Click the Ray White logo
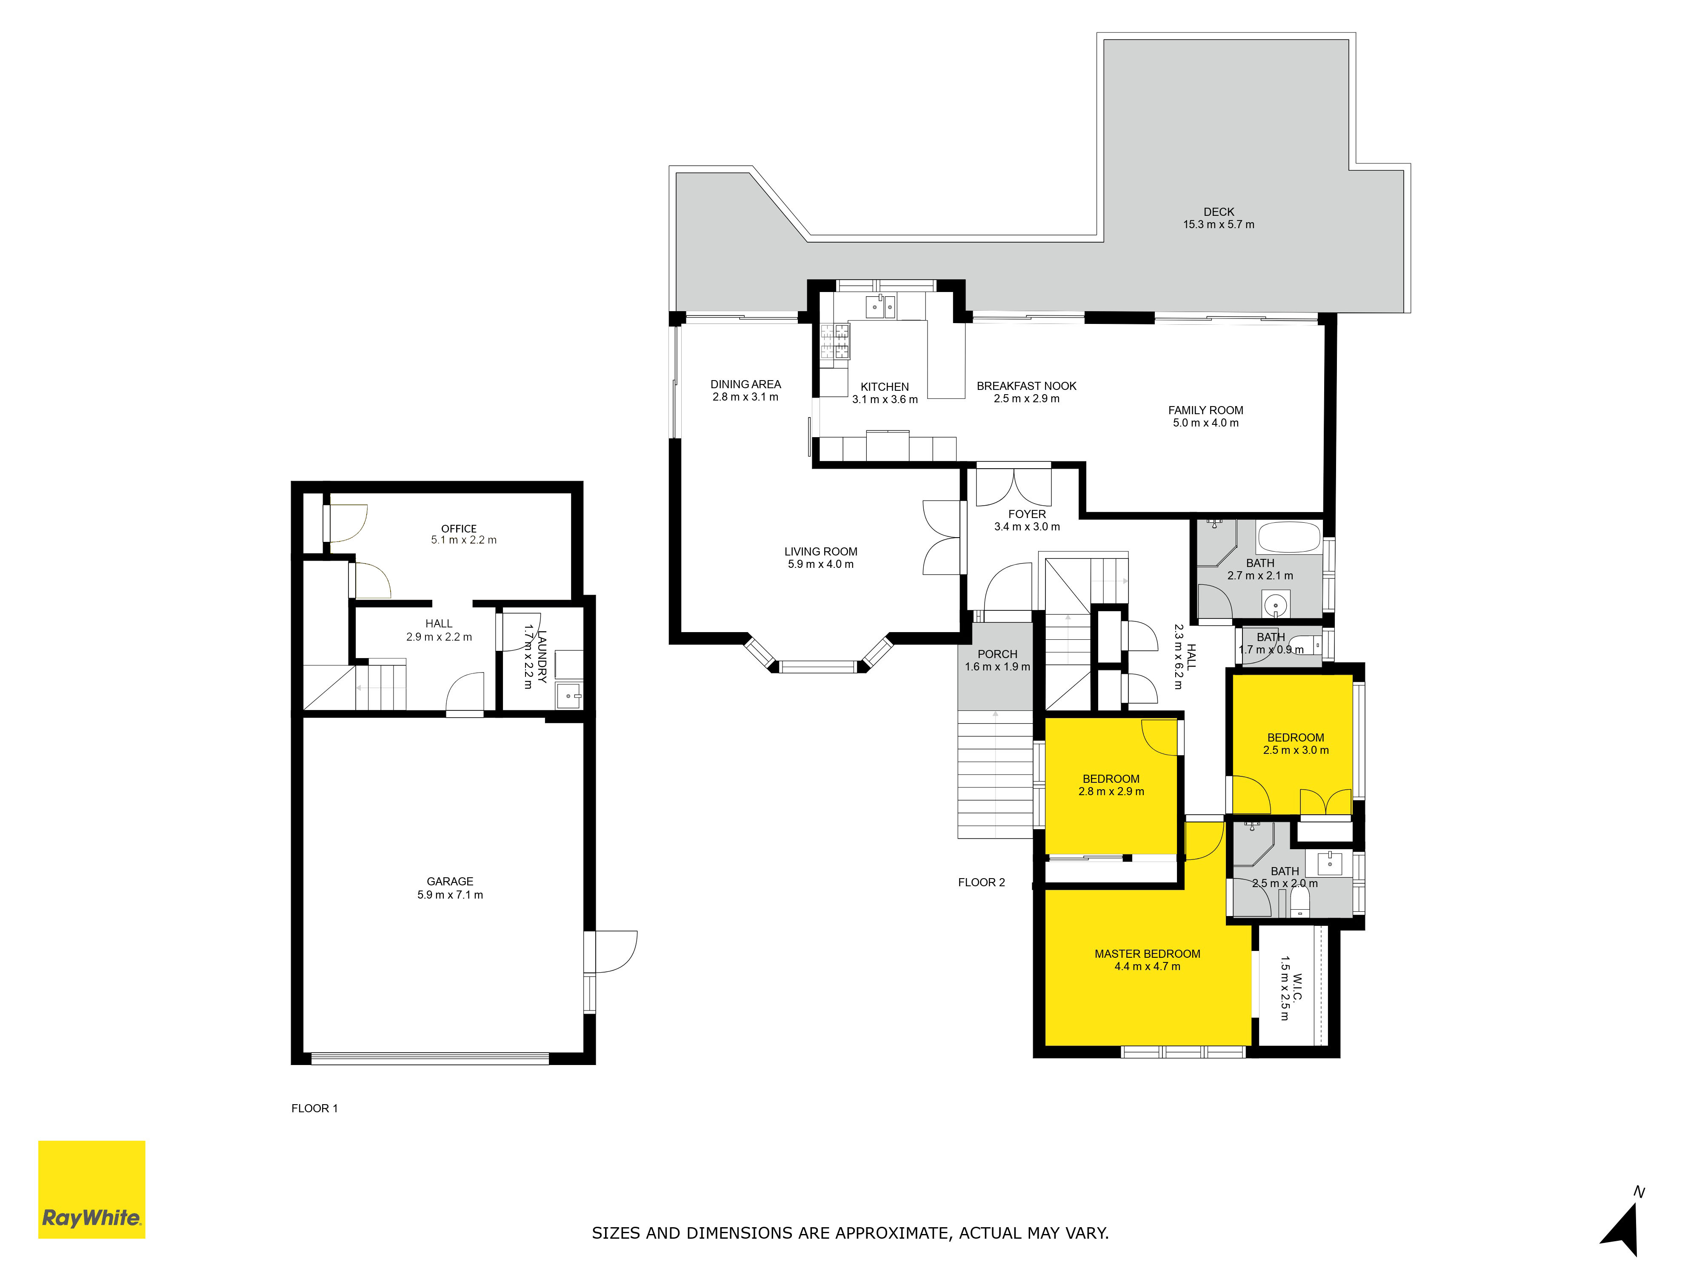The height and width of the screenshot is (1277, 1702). click(x=91, y=1189)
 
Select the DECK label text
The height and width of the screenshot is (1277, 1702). click(x=1219, y=212)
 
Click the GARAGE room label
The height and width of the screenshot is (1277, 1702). click(x=450, y=882)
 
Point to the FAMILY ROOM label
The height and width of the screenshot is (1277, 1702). click(x=1206, y=410)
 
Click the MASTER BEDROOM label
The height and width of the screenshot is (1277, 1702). click(x=1147, y=954)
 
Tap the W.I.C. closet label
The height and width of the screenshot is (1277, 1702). click(x=1297, y=988)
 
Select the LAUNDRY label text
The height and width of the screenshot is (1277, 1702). click(x=542, y=656)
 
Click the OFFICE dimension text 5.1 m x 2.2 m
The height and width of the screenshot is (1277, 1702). click(x=464, y=540)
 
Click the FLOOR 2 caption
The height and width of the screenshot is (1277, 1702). click(x=981, y=882)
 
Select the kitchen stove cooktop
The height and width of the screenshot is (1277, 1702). click(x=835, y=341)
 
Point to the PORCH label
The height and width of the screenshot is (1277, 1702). click(x=997, y=654)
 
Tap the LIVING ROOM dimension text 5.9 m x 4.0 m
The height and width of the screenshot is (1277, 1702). click(x=820, y=564)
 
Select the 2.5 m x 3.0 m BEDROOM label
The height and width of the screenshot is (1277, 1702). click(x=1296, y=737)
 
